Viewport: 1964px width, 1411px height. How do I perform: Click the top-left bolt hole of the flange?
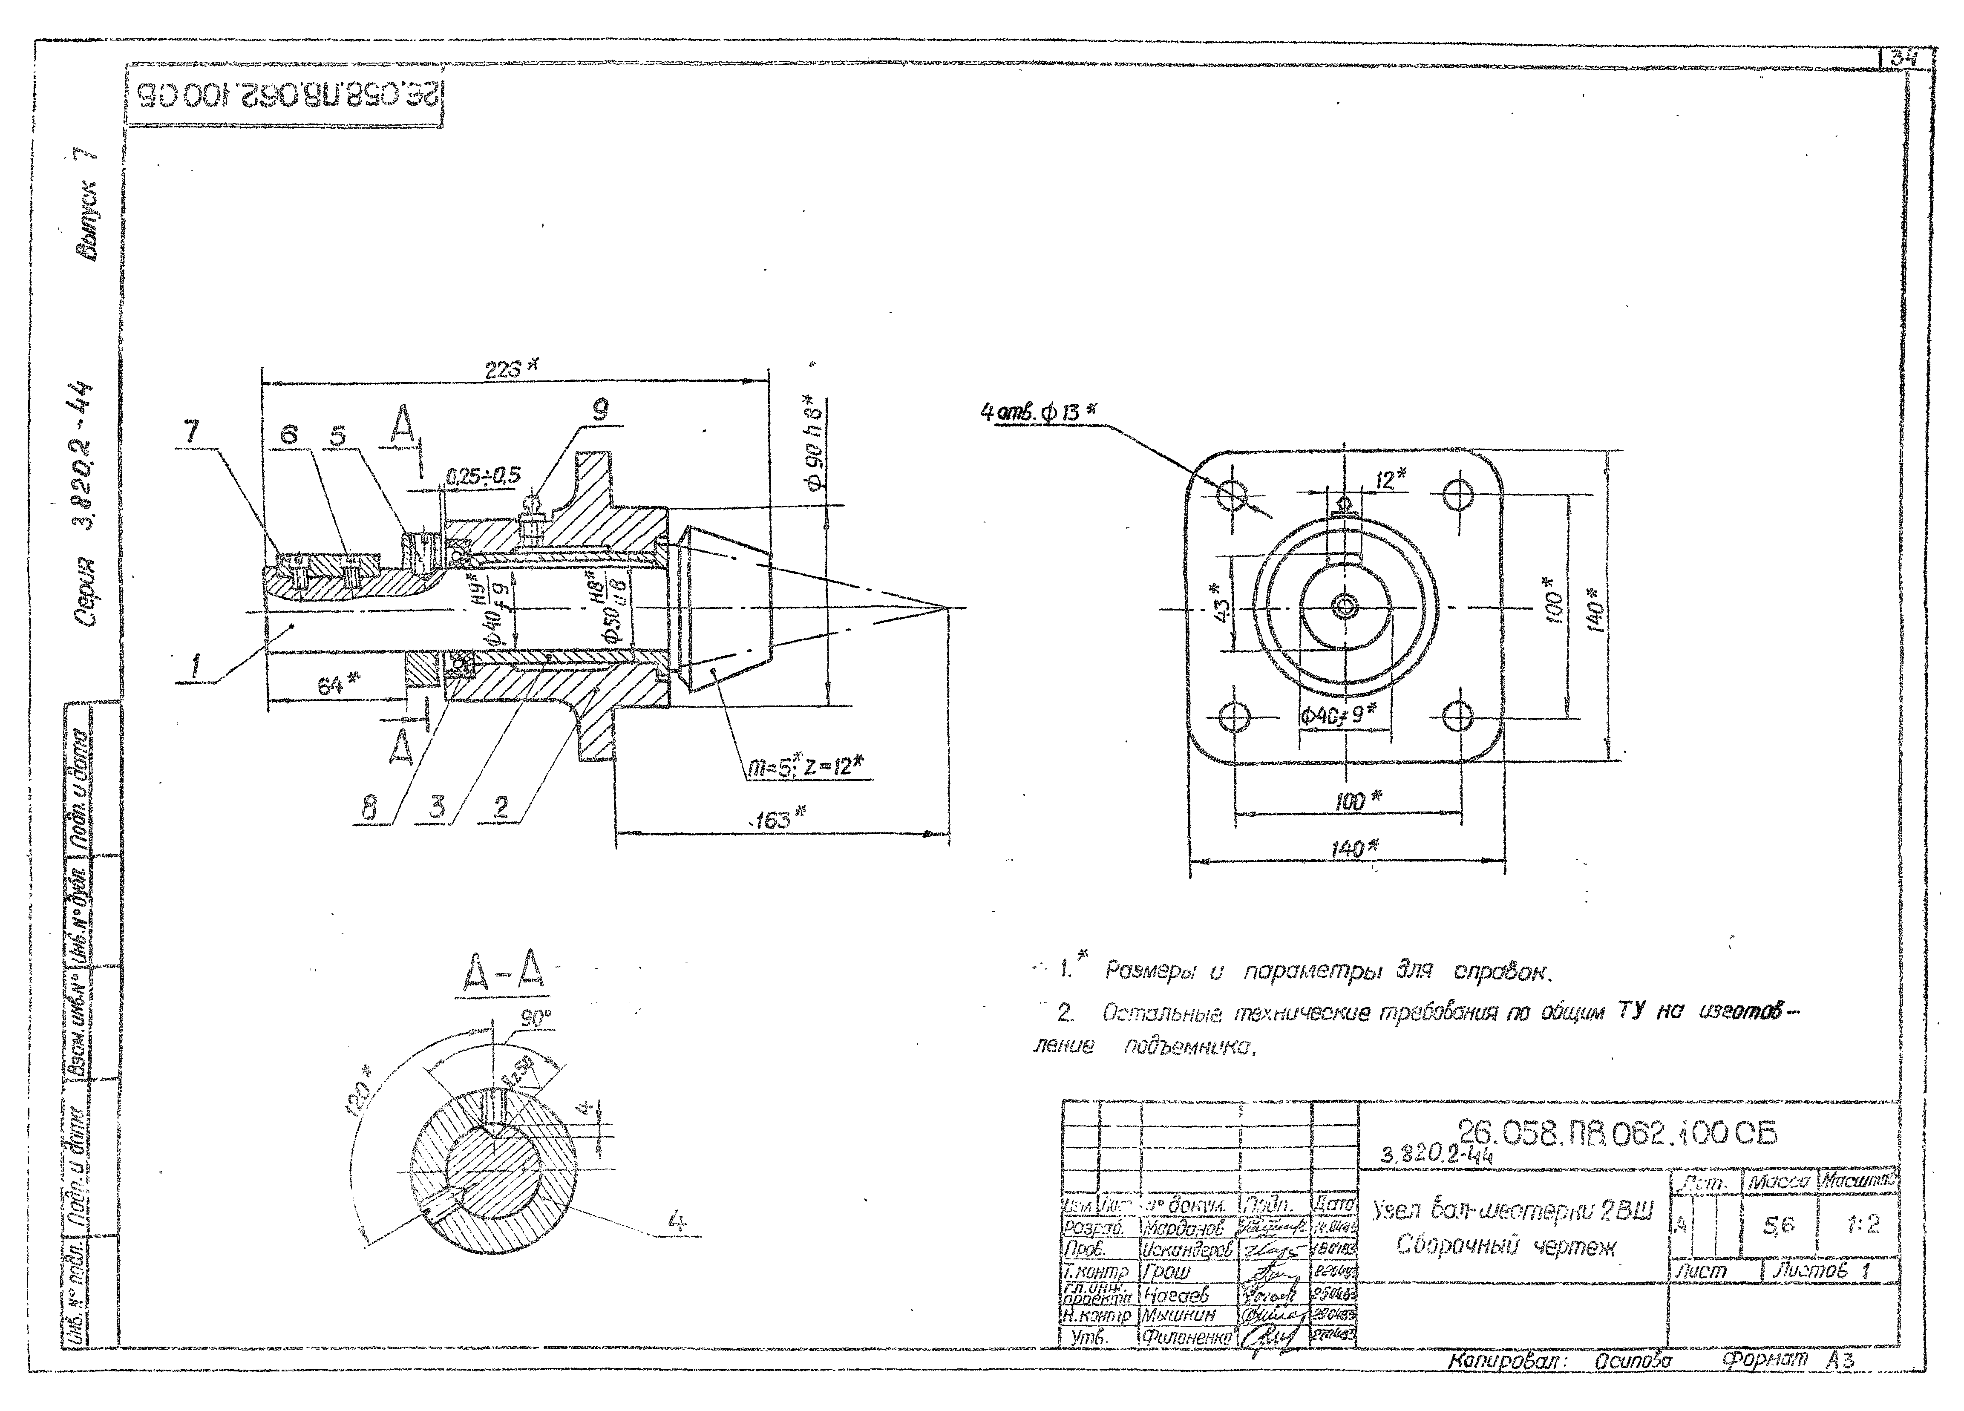pyautogui.click(x=1233, y=495)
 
